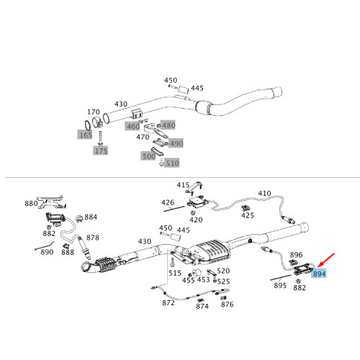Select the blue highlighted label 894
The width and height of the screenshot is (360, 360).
pos(319,274)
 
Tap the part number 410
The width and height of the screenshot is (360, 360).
pos(264,193)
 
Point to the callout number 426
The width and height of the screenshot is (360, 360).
pos(168,202)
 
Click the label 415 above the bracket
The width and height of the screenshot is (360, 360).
pos(184,185)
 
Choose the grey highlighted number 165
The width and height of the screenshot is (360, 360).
pos(85,135)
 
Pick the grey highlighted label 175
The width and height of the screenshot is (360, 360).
pos(100,151)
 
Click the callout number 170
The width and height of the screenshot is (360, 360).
pos(94,112)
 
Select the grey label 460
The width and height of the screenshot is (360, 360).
pos(132,127)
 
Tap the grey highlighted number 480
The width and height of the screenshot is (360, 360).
pos(168,125)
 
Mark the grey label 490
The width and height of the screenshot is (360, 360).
pos(176,143)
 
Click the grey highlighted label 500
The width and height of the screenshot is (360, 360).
pos(148,156)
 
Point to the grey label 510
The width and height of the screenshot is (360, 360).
pos(172,163)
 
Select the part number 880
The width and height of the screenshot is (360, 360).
pos(31,204)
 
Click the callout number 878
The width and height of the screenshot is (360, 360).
pos(92,237)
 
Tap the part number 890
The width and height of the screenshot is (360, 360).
pos(47,251)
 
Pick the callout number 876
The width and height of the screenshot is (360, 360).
pos(228,305)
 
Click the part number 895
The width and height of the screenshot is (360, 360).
pos(280,286)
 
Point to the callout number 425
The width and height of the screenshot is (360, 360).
pos(248,215)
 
